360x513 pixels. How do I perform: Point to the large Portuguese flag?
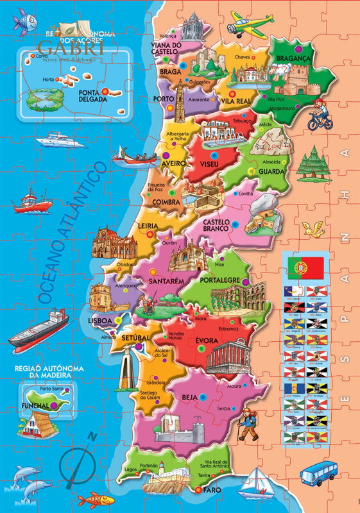[x=305, y=267]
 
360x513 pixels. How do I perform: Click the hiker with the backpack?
[x=246, y=423]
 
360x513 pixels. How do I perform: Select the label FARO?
[x=211, y=490]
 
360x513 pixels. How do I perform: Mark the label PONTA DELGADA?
[x=96, y=96]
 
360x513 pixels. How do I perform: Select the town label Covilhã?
[x=246, y=193]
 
